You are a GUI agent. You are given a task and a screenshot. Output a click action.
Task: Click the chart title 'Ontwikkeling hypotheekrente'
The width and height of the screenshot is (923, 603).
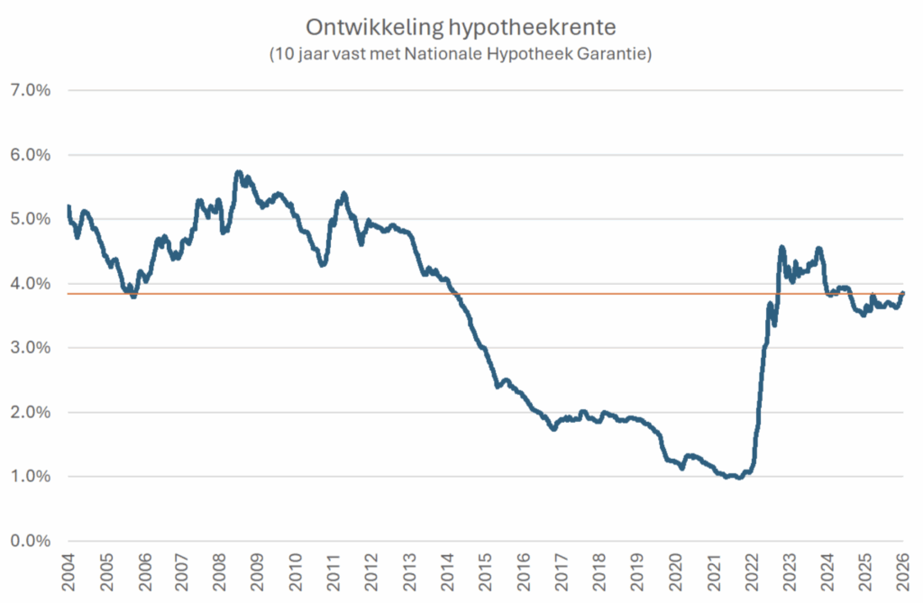(x=461, y=27)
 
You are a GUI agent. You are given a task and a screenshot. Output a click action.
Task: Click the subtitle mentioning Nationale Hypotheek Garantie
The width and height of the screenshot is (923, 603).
(x=461, y=54)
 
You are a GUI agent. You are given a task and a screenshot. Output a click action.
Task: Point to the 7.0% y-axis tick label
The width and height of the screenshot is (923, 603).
(x=29, y=90)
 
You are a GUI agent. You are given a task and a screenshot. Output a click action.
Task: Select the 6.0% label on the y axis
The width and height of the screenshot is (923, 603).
(x=29, y=155)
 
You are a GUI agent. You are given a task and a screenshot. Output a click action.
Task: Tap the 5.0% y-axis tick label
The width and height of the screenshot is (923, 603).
(x=29, y=219)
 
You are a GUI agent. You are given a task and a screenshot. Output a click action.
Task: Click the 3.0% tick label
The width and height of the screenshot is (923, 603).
(x=29, y=348)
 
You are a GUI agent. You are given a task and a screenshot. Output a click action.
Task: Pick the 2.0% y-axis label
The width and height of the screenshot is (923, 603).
(x=29, y=412)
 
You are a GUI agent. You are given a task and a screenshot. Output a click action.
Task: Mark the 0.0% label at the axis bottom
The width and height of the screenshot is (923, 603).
(x=29, y=541)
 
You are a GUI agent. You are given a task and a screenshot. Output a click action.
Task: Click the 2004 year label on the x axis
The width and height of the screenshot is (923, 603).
(x=69, y=574)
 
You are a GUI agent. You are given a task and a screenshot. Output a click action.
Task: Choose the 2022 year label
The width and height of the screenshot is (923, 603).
(x=751, y=574)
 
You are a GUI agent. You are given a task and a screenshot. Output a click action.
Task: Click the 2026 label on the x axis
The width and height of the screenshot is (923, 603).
(x=902, y=574)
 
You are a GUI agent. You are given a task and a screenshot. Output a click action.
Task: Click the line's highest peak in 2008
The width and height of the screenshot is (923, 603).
(x=238, y=172)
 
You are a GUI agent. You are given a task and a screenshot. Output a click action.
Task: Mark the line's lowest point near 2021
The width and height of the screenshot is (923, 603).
(x=739, y=477)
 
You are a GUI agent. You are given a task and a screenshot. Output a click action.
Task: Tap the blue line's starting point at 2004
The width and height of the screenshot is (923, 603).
(x=69, y=206)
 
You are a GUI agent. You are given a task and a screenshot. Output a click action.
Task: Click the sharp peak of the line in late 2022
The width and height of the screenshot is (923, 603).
(x=781, y=247)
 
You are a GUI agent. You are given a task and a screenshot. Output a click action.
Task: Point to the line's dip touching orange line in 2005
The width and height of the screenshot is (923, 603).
(x=133, y=295)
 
